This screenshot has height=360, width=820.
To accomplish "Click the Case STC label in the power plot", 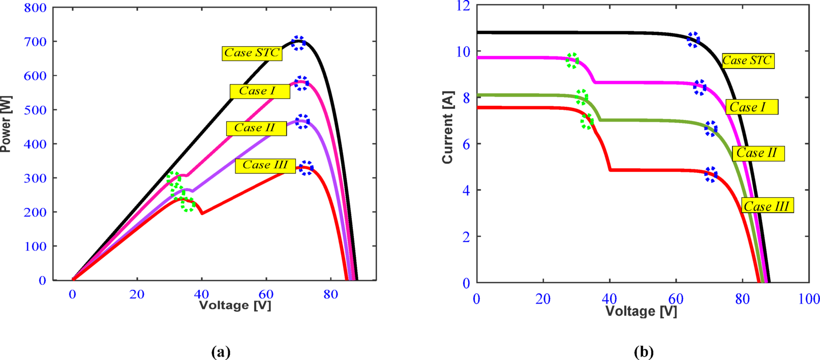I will pyautogui.click(x=252, y=53).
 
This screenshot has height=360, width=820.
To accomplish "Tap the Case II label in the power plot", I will pyautogui.click(x=256, y=128).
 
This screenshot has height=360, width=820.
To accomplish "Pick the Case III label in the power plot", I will pyautogui.click(x=265, y=165).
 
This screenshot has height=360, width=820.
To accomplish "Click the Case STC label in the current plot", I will pyautogui.click(x=748, y=61).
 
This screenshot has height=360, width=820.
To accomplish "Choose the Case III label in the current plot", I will pyautogui.click(x=767, y=206).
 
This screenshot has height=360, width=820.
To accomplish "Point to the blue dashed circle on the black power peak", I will pyautogui.click(x=298, y=43).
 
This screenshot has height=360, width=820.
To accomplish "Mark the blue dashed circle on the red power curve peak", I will pyautogui.click(x=306, y=168).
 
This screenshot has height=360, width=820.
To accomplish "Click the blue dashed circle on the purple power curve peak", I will pyautogui.click(x=302, y=122).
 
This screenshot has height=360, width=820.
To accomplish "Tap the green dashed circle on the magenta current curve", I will pyautogui.click(x=572, y=61).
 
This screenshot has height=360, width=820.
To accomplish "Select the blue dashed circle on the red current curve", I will pyautogui.click(x=711, y=174).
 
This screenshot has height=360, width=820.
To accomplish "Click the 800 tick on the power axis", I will pyautogui.click(x=35, y=8).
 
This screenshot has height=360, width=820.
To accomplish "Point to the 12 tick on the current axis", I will pyautogui.click(x=463, y=6).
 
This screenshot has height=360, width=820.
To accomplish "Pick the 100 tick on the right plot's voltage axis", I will pyautogui.click(x=808, y=299).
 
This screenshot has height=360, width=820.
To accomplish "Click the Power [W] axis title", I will pyautogui.click(x=6, y=124).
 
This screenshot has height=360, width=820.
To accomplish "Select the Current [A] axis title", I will pyautogui.click(x=447, y=127).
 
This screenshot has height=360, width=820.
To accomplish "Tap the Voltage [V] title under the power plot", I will pyautogui.click(x=235, y=305).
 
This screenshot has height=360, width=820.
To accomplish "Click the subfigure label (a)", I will pyautogui.click(x=221, y=351).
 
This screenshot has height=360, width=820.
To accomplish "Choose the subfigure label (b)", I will pyautogui.click(x=644, y=351).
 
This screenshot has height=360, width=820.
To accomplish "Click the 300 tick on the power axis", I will pyautogui.click(x=35, y=178).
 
